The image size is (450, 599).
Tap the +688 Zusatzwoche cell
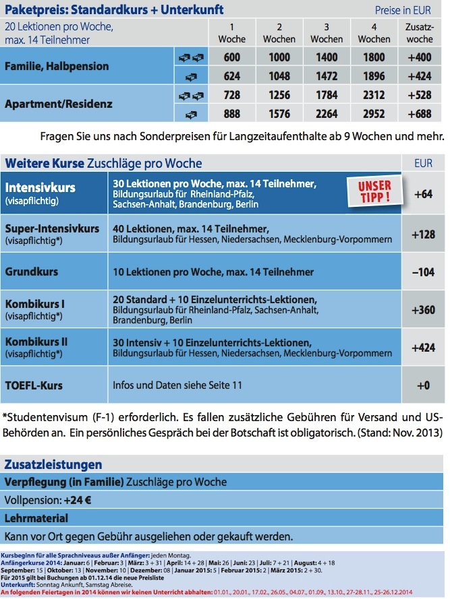tap(421, 114)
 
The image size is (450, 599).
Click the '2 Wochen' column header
tap(279, 33)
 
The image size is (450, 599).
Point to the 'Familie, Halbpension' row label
tap(57, 67)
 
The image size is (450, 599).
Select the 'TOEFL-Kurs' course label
tap(34, 385)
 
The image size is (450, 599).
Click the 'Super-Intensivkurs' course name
tap(52, 228)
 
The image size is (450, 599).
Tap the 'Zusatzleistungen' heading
tap(53, 465)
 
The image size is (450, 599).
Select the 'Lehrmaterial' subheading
tap(36, 519)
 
